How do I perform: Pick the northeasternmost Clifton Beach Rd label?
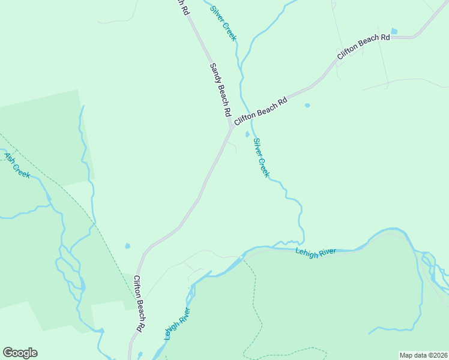coord(364,47)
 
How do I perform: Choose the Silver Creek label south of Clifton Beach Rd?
coord(261,157)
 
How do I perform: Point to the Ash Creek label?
coord(17,165)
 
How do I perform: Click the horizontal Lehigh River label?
coord(315,253)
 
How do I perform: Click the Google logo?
coord(20,353)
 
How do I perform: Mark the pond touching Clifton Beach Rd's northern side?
coord(394,31)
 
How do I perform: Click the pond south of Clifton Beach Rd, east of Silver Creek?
coord(307,105)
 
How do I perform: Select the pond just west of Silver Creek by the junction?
coord(247,134)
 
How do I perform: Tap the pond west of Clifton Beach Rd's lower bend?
coord(127,246)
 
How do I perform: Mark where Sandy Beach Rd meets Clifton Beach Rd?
coord(232,126)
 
